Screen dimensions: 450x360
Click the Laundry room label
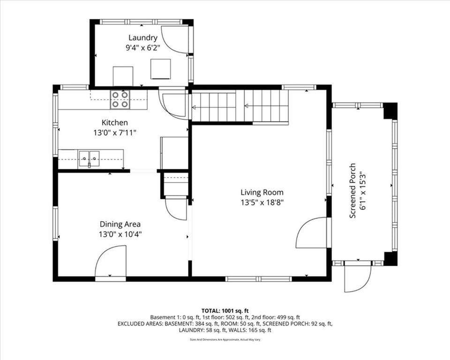point(142,38)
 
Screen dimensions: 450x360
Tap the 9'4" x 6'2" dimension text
point(142,48)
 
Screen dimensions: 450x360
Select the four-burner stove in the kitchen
point(120,100)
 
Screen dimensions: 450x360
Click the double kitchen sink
point(89,159)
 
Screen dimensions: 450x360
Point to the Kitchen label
point(114,123)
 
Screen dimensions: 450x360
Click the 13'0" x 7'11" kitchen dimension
point(114,133)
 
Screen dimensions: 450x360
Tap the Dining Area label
point(120,224)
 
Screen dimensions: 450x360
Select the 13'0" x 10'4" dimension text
point(120,234)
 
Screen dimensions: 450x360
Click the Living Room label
point(262,192)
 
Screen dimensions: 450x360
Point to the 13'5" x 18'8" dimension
point(262,202)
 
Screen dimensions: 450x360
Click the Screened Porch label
point(352,191)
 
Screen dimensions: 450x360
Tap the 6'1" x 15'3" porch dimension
point(363,191)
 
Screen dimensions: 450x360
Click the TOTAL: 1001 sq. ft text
point(225,311)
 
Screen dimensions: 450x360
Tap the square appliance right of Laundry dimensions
point(161,69)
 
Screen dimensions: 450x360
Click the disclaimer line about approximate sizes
point(225,340)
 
